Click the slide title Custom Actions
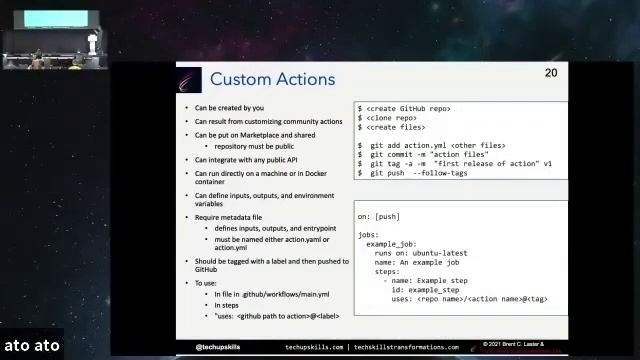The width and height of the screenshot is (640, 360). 272,79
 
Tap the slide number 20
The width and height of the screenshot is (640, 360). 551,73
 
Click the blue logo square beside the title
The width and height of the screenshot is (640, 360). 191,79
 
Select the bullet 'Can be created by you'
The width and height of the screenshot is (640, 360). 229,108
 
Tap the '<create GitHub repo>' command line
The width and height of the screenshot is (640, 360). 404,108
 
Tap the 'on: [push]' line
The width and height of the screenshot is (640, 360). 379,216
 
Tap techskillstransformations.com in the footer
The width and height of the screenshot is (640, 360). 409,347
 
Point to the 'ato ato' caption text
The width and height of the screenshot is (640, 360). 31,346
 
